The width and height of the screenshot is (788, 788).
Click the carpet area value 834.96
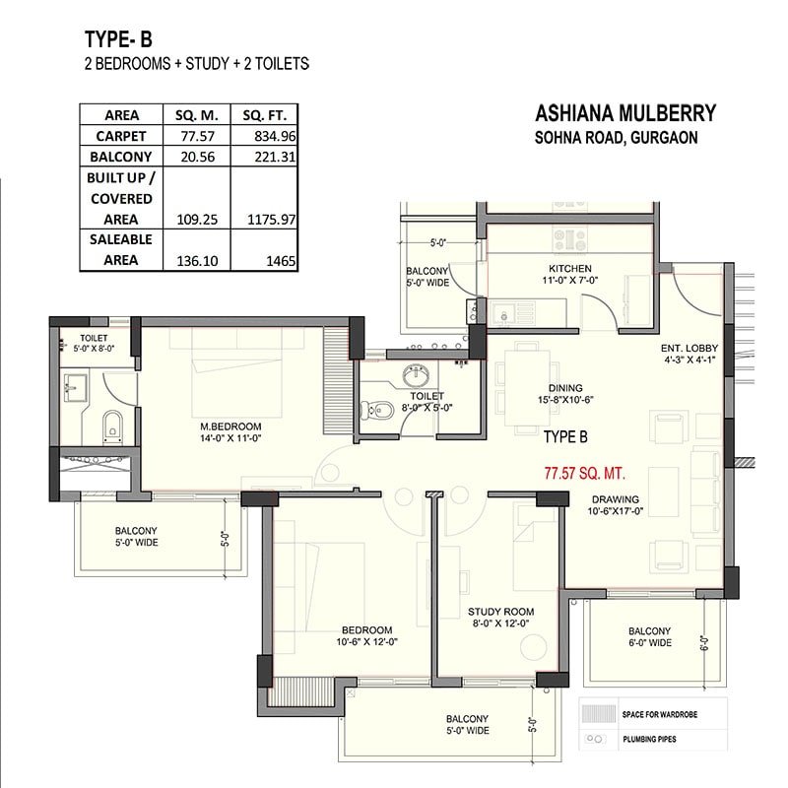click(275, 136)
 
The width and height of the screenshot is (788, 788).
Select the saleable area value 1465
click(281, 261)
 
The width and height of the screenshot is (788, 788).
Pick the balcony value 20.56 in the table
click(198, 157)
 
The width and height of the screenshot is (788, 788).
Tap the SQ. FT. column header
click(264, 115)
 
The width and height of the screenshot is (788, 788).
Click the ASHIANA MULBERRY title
click(625, 113)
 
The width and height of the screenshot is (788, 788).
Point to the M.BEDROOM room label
click(230, 427)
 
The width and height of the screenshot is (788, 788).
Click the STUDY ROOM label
click(500, 612)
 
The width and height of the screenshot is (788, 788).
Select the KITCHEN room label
click(570, 268)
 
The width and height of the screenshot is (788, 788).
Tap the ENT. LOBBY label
click(689, 348)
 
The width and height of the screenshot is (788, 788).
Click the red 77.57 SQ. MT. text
click(585, 474)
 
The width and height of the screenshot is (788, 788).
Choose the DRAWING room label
click(615, 499)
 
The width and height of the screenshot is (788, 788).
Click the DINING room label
click(565, 388)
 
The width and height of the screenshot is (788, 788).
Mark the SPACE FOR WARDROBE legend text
click(659, 714)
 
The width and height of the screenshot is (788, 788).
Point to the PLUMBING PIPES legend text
click(649, 740)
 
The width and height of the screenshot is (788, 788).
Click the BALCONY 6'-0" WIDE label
click(650, 636)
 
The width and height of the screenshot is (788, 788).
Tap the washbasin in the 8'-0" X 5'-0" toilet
click(416, 375)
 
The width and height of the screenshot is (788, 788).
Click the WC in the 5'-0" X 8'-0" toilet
click(112, 427)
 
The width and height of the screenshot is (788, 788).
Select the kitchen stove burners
click(570, 239)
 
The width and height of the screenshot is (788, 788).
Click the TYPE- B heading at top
click(118, 39)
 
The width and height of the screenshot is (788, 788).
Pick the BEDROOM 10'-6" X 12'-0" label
click(366, 635)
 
